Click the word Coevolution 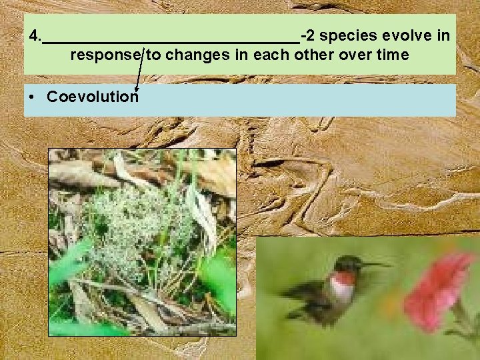[92, 97]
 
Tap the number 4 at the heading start [33, 35]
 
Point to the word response [106, 55]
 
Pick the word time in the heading [393, 55]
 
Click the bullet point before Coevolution [33, 97]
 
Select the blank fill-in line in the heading [170, 40]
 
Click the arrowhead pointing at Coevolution [137, 87]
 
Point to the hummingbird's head [348, 265]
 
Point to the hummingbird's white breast [342, 291]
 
